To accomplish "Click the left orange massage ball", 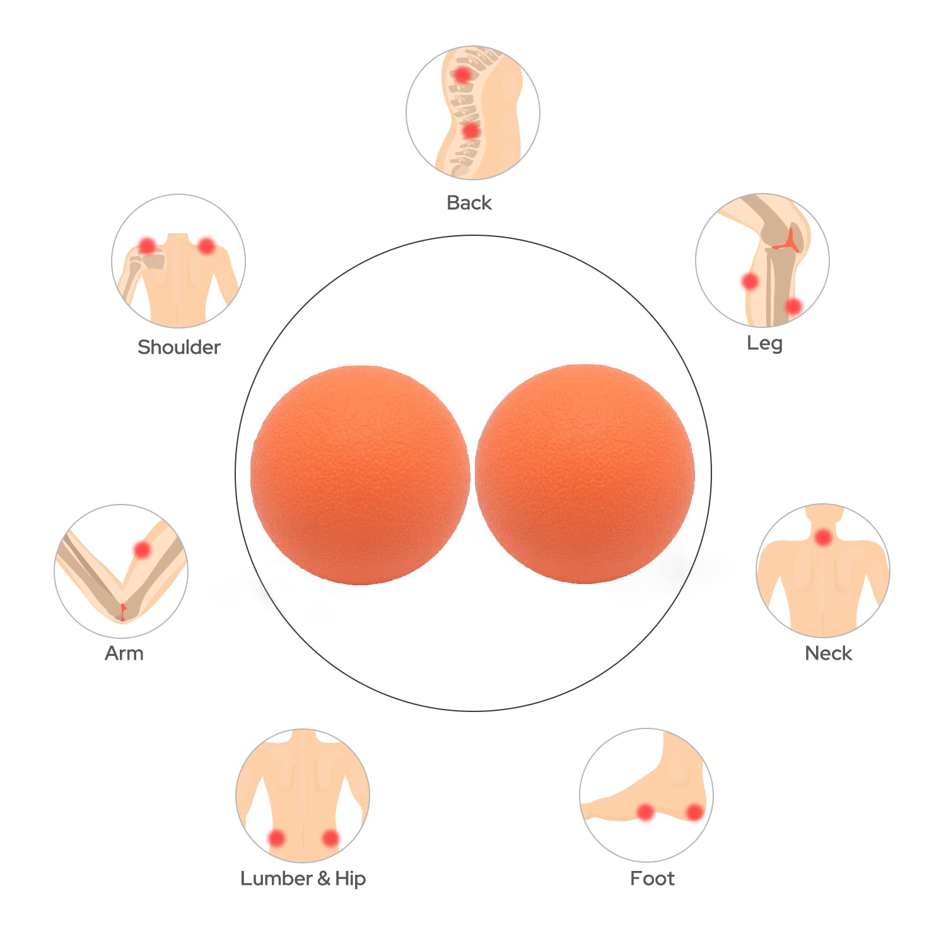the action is pyautogui.click(x=360, y=475).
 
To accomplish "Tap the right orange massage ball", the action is pyautogui.click(x=585, y=474).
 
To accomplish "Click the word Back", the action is pyautogui.click(x=469, y=202).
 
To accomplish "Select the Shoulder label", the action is pyautogui.click(x=179, y=347).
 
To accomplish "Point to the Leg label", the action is pyautogui.click(x=764, y=343).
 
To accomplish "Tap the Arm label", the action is pyautogui.click(x=124, y=653).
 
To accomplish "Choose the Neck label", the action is pyautogui.click(x=828, y=653).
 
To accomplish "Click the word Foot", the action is pyautogui.click(x=652, y=879).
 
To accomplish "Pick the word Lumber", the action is pyautogui.click(x=276, y=879).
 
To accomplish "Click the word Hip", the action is pyautogui.click(x=350, y=879).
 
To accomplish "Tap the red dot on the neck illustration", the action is pyautogui.click(x=823, y=538).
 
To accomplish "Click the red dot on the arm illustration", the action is pyautogui.click(x=143, y=550).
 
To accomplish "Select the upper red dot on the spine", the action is pyautogui.click(x=462, y=74).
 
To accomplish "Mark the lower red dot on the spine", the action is pyautogui.click(x=470, y=131).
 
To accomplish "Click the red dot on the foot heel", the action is pyautogui.click(x=694, y=812).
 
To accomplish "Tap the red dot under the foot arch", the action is pyautogui.click(x=645, y=812).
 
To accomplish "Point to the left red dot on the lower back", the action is pyautogui.click(x=276, y=838).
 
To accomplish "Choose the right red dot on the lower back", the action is pyautogui.click(x=330, y=838).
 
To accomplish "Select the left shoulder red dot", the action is pyautogui.click(x=147, y=245).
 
